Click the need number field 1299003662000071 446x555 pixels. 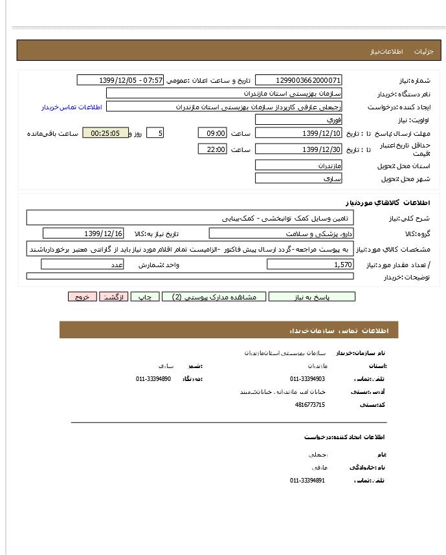(298, 80)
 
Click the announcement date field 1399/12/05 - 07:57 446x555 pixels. (121, 80)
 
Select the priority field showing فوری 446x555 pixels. (298, 120)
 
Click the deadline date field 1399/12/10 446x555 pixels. (298, 133)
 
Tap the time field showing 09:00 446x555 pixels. (212, 133)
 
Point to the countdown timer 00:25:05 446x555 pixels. (106, 133)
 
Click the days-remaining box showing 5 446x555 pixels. (155, 133)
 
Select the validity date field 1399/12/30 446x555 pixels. (298, 149)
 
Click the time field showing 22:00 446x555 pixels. (212, 149)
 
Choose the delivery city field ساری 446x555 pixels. (298, 179)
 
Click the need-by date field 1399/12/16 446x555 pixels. (83, 234)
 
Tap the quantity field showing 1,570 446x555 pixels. (310, 265)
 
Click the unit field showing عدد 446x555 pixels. (82, 265)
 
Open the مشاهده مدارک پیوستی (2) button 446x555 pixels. (214, 297)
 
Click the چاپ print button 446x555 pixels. (145, 297)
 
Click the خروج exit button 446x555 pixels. (82, 297)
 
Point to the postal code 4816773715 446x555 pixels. (310, 405)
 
